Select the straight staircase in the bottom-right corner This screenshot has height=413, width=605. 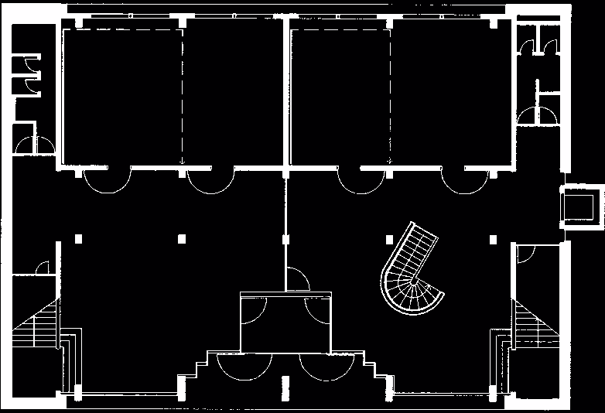click(537, 325)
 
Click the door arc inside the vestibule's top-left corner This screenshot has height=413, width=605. click(251, 309)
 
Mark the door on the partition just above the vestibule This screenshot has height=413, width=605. click(298, 278)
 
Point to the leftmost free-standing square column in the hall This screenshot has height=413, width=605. click(77, 239)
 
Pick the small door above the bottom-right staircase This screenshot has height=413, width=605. click(528, 255)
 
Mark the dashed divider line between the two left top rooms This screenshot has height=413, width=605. click(183, 97)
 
